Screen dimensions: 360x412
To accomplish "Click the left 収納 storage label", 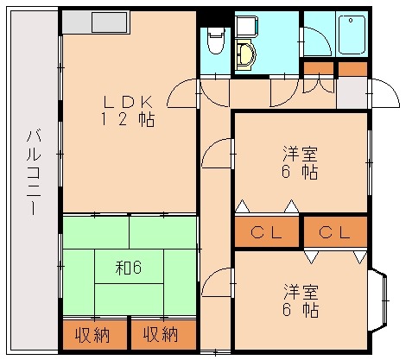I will tap(93, 334).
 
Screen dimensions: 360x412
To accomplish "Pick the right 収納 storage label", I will tap(162, 334).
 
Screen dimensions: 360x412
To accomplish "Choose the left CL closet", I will tap(266, 232).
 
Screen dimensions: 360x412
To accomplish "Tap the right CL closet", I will tap(333, 232).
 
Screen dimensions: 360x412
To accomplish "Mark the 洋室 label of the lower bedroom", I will tap(300, 289).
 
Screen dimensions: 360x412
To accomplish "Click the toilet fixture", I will tap(216, 40).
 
